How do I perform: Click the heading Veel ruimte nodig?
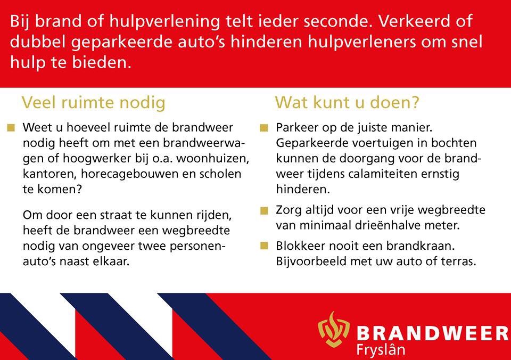(x=93, y=102)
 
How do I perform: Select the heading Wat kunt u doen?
(x=347, y=102)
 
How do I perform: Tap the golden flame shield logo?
(x=334, y=330)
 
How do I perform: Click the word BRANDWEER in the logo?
(x=431, y=334)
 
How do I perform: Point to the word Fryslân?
(x=381, y=350)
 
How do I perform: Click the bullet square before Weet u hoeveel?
(x=11, y=128)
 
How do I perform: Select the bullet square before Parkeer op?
(x=264, y=128)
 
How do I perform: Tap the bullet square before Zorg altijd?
(x=264, y=210)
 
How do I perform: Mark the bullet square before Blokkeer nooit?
(x=264, y=247)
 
